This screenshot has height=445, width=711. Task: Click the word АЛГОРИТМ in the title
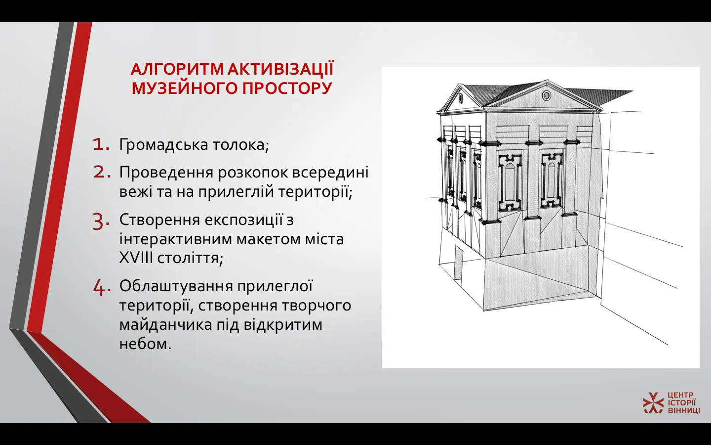point(177,69)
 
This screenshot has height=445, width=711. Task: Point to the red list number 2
point(102,172)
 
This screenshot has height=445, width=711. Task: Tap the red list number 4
point(102,288)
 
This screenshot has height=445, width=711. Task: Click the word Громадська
point(163,145)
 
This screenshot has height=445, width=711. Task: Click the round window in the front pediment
point(546,95)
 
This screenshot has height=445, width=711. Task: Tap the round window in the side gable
point(461,98)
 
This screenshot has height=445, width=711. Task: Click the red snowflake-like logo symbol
point(653,402)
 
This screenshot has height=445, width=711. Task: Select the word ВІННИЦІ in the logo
point(684,410)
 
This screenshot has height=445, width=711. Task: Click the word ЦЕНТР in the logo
point(681,395)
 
